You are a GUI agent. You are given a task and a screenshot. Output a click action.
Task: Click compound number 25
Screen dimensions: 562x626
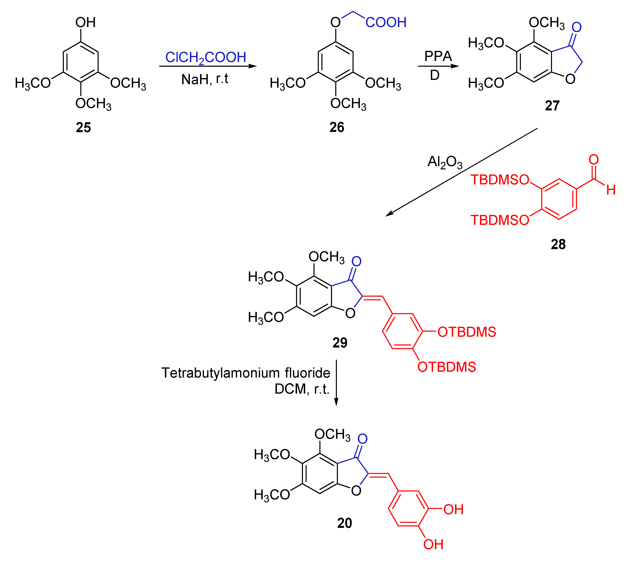point(83,127)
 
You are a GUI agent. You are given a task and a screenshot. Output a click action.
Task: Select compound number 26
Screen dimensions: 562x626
point(337,127)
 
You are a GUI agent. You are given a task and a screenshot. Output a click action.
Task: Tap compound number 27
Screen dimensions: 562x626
point(552,106)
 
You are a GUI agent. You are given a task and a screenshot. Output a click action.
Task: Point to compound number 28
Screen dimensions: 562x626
point(558,244)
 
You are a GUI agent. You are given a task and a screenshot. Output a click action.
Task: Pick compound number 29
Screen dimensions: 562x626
point(340,342)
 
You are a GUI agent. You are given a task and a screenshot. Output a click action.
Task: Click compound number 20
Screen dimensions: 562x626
point(344,523)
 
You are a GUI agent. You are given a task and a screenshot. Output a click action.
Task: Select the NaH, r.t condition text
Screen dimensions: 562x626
point(205,79)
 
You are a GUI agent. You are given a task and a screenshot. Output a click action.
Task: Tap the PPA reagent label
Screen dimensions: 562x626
point(438,56)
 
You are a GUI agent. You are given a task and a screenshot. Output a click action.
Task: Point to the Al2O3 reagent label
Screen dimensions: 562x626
point(445,162)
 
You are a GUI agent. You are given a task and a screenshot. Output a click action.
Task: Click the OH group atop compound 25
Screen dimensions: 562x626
point(86,22)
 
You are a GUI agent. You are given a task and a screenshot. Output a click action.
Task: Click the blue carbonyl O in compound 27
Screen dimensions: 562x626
point(576,27)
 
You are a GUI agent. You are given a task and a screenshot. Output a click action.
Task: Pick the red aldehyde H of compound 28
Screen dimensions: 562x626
point(611,190)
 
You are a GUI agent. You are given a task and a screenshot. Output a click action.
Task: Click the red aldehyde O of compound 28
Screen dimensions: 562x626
point(593,160)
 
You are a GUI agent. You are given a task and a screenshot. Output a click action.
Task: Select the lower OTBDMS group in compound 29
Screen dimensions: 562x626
point(446,367)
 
